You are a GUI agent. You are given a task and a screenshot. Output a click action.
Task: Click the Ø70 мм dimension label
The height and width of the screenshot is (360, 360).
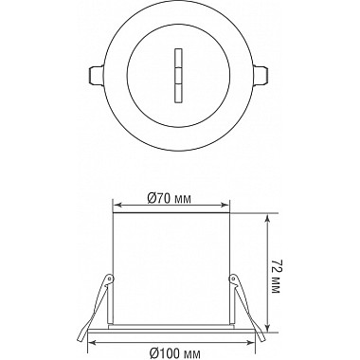pyautogui.click(x=170, y=199)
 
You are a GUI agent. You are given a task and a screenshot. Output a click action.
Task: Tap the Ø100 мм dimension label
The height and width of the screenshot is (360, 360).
pyautogui.click(x=174, y=353)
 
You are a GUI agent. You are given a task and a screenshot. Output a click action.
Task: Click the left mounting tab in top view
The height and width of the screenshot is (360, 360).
pyautogui.click(x=96, y=75)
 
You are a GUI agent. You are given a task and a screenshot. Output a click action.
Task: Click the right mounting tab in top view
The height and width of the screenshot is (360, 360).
pyautogui.click(x=261, y=75)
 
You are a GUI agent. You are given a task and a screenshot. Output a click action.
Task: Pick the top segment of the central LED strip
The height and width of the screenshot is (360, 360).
pyautogui.click(x=178, y=58)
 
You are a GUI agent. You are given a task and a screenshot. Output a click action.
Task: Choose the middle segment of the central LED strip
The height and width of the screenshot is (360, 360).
pyautogui.click(x=178, y=76)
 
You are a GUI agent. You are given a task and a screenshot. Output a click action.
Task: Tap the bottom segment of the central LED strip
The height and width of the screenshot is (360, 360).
pyautogui.click(x=178, y=94)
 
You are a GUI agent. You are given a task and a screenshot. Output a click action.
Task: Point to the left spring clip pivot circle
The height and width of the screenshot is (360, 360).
pyautogui.click(x=110, y=279)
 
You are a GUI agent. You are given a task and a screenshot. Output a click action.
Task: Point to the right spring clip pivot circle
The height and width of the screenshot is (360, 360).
pyautogui.click(x=234, y=279)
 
